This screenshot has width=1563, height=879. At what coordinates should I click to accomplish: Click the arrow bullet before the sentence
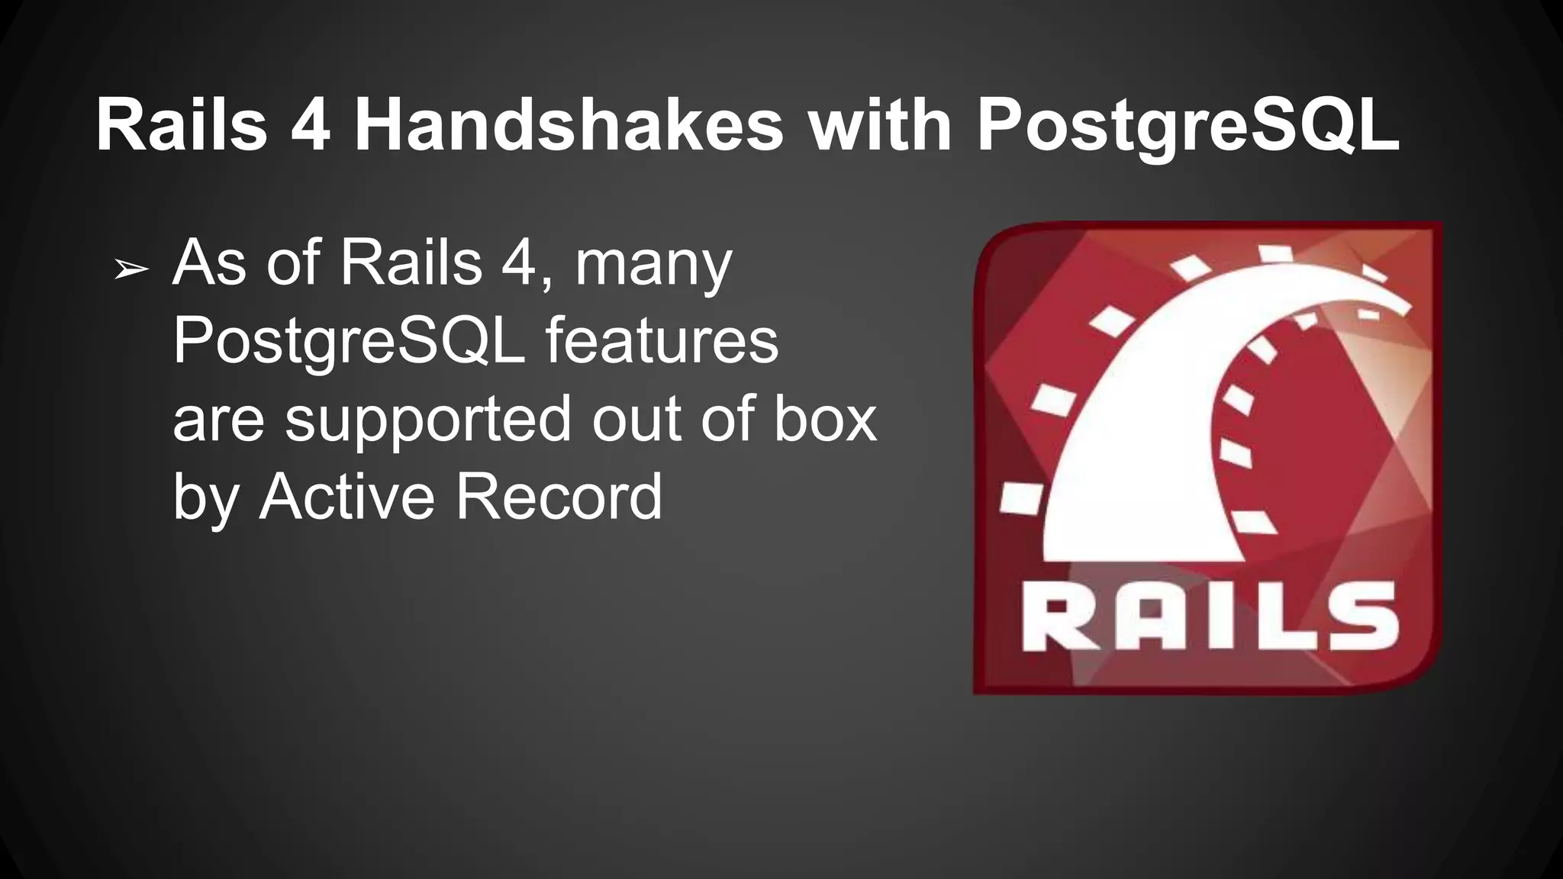click(131, 269)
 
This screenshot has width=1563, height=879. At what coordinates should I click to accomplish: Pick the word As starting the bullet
click(209, 263)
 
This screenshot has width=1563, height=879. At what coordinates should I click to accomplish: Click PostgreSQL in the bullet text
click(349, 343)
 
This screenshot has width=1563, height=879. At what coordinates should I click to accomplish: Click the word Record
click(559, 497)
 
